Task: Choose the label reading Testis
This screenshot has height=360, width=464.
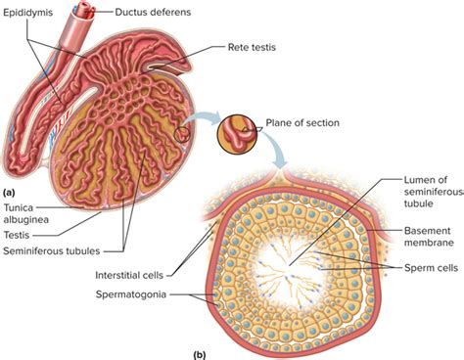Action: point(16,235)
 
